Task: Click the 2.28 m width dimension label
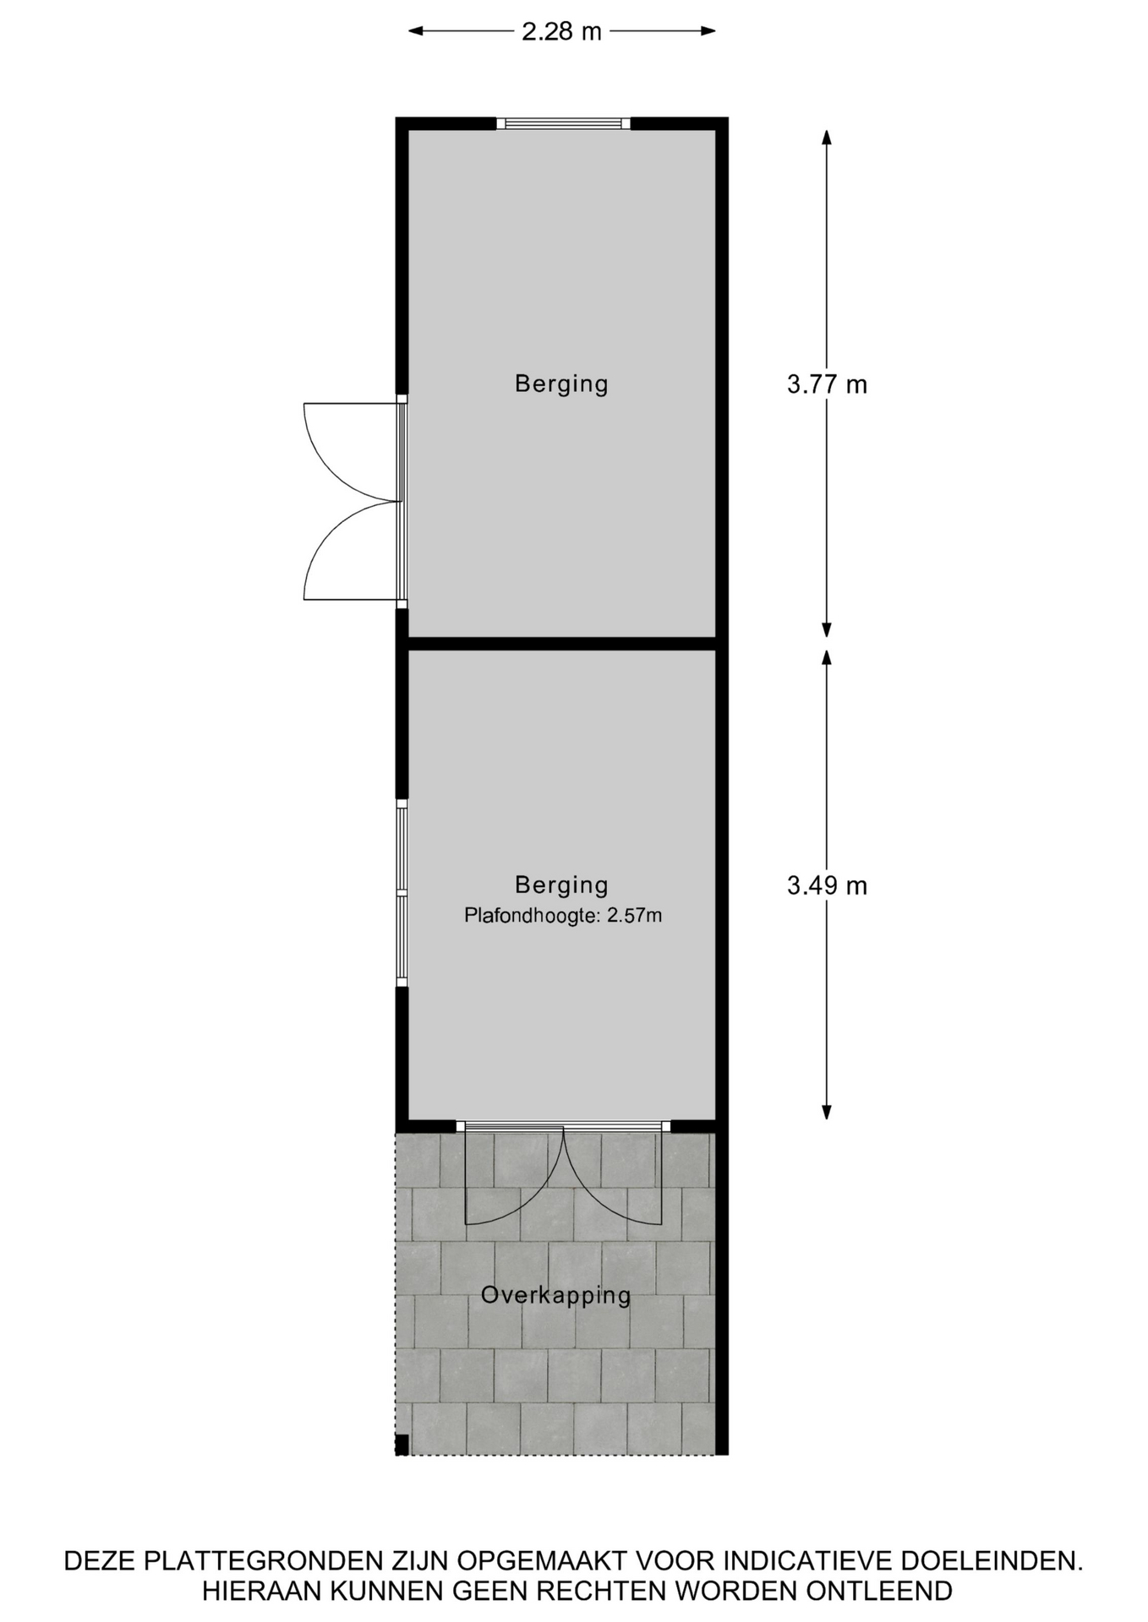coord(561,31)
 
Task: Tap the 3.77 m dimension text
coord(827,384)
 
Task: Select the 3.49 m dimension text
coord(827,885)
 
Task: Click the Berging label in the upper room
coord(561,384)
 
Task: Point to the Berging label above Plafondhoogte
coord(561,884)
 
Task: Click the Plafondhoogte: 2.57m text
coord(563,915)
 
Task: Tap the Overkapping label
coord(556,1295)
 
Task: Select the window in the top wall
coord(563,123)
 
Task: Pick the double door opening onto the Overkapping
coord(563,1174)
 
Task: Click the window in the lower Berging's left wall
coord(402,892)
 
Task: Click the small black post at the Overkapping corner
coord(402,1445)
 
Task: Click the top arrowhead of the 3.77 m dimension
coord(827,137)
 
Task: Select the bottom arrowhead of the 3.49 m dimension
coord(827,1113)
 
